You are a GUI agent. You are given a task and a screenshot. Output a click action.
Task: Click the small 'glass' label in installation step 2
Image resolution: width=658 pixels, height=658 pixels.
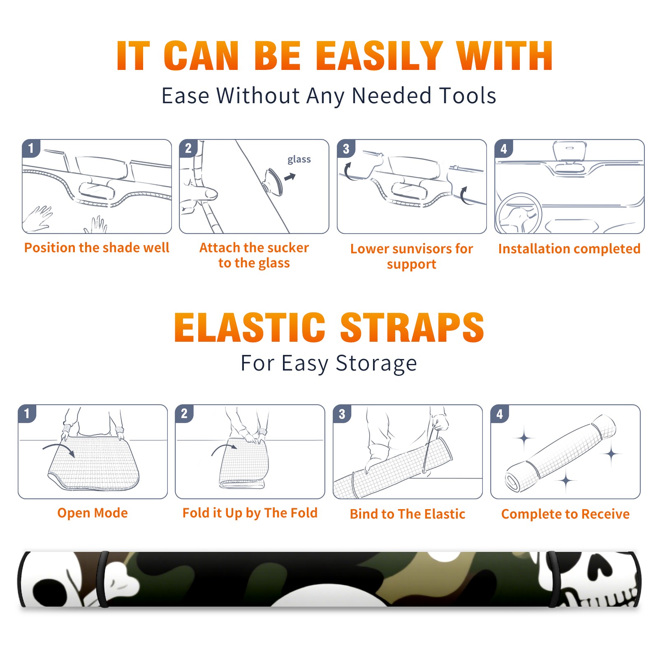[299, 160]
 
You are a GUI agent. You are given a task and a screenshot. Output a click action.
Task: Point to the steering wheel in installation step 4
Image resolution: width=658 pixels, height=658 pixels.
[519, 213]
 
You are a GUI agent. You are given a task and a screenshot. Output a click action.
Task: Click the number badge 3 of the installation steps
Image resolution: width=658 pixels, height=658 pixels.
[346, 148]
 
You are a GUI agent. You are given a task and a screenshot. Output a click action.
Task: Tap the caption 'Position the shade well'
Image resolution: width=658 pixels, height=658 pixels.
[97, 248]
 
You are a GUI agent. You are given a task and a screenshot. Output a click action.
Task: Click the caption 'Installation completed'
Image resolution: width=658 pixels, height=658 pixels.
[569, 248]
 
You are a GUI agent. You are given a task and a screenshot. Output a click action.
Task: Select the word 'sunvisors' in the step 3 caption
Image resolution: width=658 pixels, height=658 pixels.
[418, 249]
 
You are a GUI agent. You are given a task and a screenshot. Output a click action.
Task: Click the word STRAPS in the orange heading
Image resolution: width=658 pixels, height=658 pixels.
[412, 327]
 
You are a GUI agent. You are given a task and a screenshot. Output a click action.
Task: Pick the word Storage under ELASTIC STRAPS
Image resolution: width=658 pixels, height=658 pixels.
[376, 364]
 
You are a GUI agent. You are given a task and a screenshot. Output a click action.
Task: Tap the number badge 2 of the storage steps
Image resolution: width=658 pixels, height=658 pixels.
[184, 413]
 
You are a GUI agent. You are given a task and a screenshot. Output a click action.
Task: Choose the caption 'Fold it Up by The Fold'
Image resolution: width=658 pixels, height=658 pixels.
[250, 513]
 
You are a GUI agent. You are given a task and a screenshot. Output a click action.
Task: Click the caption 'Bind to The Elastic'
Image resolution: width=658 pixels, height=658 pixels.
[408, 514]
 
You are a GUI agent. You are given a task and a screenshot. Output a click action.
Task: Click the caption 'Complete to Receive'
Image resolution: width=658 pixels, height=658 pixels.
[565, 514]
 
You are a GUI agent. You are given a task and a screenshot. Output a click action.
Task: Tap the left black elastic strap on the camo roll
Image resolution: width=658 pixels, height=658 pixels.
[103, 579]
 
